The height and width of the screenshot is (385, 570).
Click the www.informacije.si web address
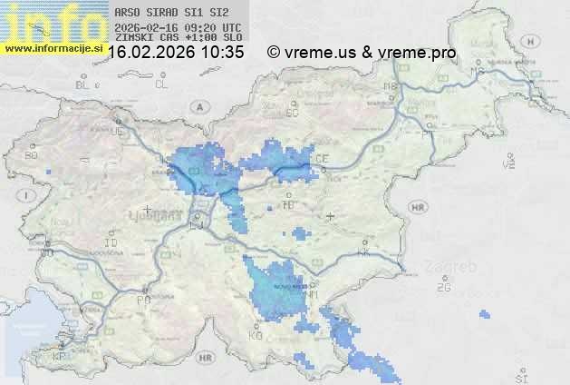(x=53, y=48)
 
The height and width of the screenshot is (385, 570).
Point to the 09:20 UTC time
(x=222, y=27)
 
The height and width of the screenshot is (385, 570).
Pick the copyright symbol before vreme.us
(x=273, y=53)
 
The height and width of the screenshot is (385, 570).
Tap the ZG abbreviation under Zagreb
(x=443, y=288)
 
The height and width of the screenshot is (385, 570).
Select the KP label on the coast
(x=60, y=357)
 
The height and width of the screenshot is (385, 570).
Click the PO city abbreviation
(x=142, y=299)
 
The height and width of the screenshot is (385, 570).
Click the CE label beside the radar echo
(x=322, y=159)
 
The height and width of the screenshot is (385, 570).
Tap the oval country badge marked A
(x=198, y=105)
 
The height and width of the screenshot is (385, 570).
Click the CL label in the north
(x=161, y=84)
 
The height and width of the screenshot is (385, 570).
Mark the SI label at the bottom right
(x=519, y=376)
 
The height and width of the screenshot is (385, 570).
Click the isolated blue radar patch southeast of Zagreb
(x=484, y=315)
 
